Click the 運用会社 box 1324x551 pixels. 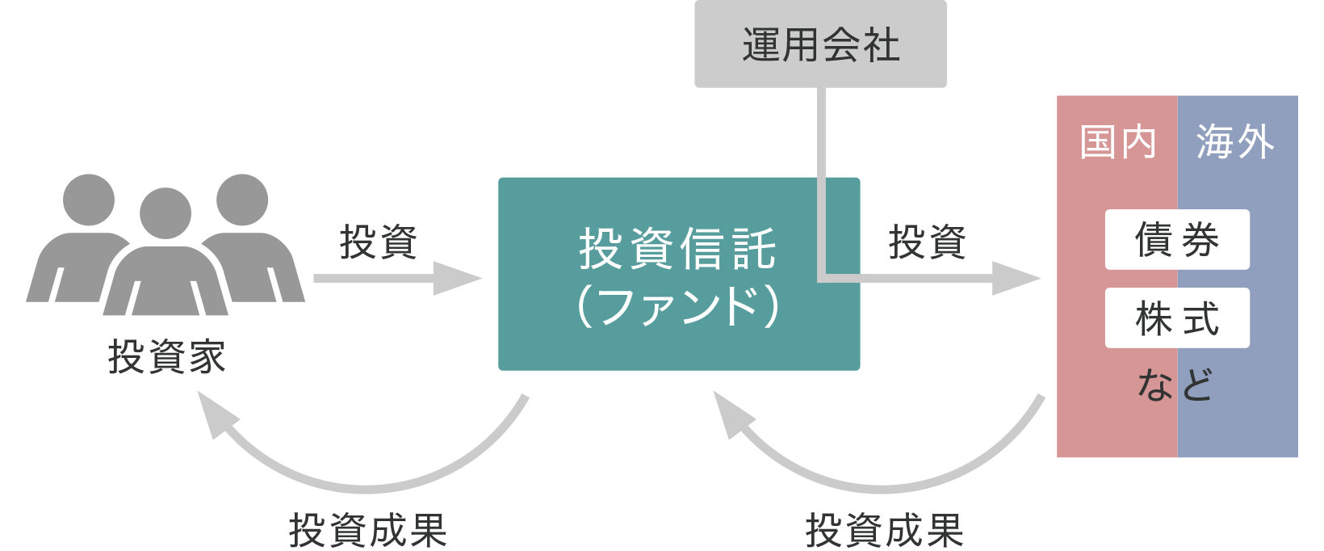(x=820, y=44)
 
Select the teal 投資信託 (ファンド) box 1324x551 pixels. (x=679, y=274)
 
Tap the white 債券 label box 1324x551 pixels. (x=1177, y=240)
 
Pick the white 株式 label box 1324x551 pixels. (x=1177, y=318)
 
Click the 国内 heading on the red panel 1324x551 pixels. (x=1118, y=142)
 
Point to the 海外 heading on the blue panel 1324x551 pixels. (x=1235, y=142)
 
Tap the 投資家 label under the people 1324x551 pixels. (x=166, y=356)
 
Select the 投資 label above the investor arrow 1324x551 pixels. (x=378, y=242)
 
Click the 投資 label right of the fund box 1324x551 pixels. (x=927, y=242)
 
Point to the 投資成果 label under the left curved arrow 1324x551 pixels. (x=367, y=531)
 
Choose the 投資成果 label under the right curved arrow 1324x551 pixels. (x=884, y=531)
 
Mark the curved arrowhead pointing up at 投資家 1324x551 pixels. (x=214, y=413)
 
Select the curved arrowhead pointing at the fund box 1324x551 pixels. (x=730, y=413)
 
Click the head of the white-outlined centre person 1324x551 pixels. (x=165, y=212)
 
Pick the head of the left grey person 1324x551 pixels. (x=88, y=200)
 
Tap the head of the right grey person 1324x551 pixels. (x=242, y=200)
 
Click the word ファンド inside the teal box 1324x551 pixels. (x=679, y=307)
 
